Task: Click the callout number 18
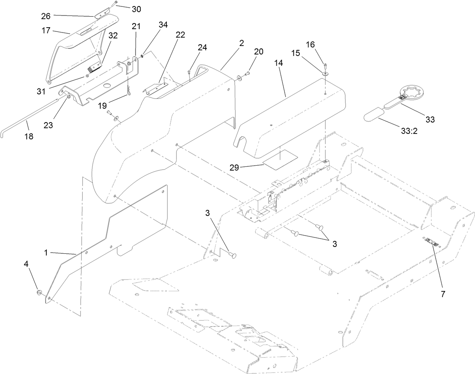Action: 29,137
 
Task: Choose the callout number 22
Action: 180,35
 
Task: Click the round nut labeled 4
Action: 39,293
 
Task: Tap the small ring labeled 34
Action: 142,57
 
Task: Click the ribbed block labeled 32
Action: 94,68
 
